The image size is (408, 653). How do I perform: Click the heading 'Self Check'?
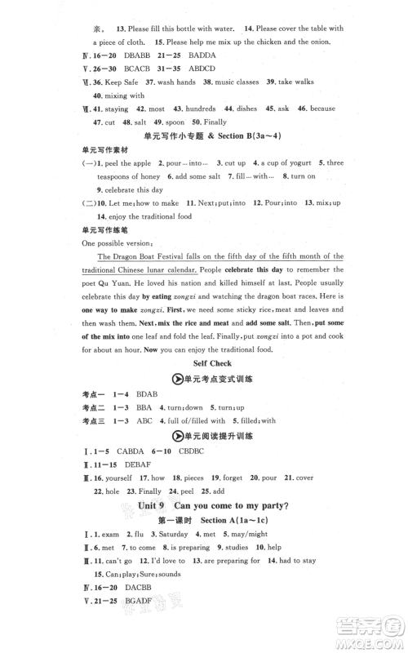211,364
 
